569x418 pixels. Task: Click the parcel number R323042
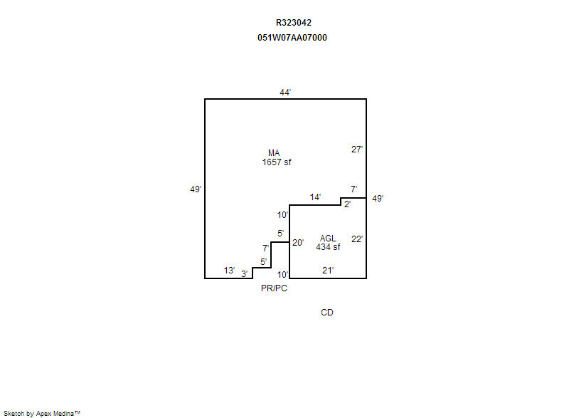[x=293, y=23]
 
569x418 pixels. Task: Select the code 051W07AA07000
[x=292, y=38]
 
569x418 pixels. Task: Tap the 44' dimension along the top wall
[x=285, y=93]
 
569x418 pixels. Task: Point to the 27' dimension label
[x=357, y=150]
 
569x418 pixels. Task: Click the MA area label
[x=274, y=153]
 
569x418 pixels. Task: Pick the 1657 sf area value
[x=277, y=162]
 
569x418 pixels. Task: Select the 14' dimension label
[x=315, y=197]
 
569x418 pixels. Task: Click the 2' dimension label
[x=347, y=204]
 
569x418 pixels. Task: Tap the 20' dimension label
[x=298, y=243]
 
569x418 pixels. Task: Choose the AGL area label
[x=328, y=239]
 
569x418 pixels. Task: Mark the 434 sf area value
[x=328, y=247]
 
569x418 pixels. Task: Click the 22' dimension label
[x=357, y=239]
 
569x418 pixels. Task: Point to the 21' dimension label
[x=328, y=271]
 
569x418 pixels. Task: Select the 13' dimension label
[x=229, y=271]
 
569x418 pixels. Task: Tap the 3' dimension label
[x=244, y=274]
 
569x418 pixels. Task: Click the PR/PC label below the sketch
[x=274, y=288]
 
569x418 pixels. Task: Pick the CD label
[x=327, y=313]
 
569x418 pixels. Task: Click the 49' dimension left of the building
[x=196, y=189]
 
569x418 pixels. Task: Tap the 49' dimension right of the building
[x=378, y=199]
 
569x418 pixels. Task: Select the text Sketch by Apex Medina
[x=41, y=413]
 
